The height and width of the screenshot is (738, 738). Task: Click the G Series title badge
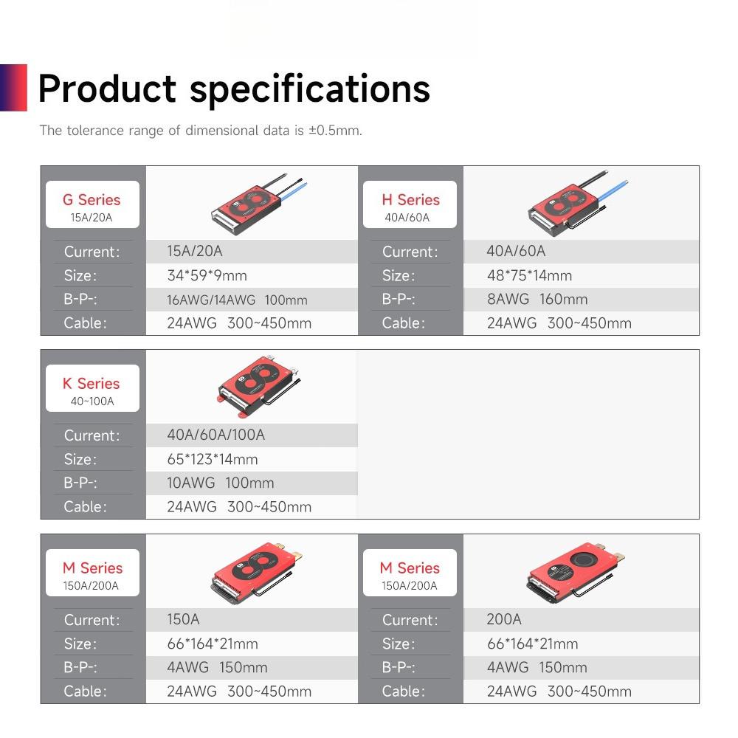tap(92, 204)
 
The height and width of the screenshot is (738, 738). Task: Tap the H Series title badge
tap(410, 204)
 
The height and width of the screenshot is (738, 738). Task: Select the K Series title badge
tap(92, 388)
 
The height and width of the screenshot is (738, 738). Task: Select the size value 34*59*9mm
tap(207, 275)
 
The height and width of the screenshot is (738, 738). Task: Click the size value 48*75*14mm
tap(529, 275)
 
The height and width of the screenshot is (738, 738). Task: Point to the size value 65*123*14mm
tap(213, 459)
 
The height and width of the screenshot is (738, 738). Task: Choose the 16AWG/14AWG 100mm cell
tap(237, 300)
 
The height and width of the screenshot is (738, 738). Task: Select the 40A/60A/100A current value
tap(215, 435)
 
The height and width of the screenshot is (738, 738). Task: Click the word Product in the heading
tap(107, 89)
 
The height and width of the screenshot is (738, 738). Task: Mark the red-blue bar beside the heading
tap(13, 88)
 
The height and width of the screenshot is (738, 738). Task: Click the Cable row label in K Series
tap(86, 506)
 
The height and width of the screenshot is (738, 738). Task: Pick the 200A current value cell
tap(504, 619)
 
